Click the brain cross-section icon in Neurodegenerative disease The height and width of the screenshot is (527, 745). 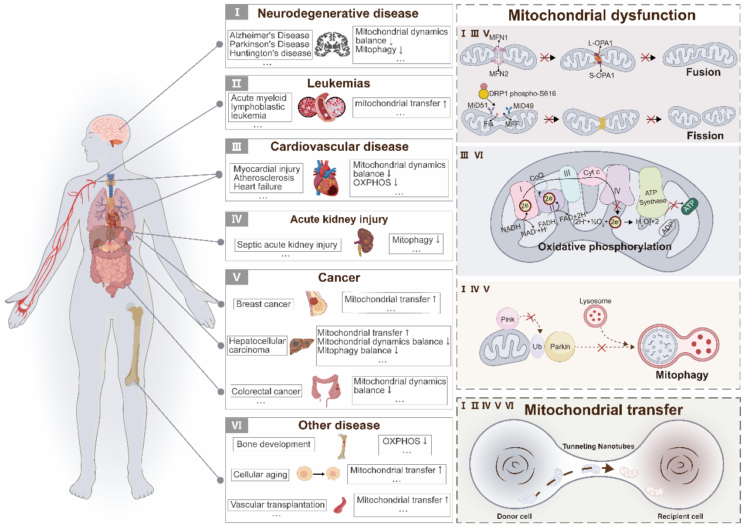(332, 44)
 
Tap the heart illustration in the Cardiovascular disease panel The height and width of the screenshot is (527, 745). (326, 178)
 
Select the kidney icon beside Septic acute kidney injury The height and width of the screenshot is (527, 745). (365, 242)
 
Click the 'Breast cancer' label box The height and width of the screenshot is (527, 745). (263, 304)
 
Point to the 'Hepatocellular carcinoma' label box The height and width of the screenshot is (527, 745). (258, 345)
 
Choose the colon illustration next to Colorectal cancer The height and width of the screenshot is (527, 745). (326, 391)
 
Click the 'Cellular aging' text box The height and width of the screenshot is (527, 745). (260, 474)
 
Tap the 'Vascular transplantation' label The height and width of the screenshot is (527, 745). (277, 505)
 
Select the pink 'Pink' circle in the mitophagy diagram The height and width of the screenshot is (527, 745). (507, 319)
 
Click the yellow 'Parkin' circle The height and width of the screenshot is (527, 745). (560, 347)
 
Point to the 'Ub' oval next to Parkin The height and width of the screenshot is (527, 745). (537, 347)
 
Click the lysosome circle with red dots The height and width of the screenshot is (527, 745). (595, 316)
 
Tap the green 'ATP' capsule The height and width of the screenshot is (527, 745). (689, 205)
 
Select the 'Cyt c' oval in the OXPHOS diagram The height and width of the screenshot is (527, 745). (592, 173)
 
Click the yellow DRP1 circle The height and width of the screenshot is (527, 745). (483, 94)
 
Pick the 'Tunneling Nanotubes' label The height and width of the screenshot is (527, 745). (598, 446)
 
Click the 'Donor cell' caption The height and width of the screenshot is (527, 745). (514, 516)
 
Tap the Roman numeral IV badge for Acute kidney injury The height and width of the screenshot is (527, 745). (237, 219)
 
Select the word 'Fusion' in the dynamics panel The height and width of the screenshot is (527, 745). (703, 72)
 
